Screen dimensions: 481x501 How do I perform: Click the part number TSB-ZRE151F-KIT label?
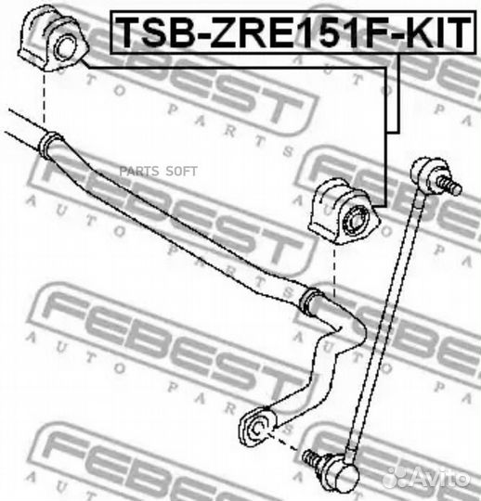point(292,32)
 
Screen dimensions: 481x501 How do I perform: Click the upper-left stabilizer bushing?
point(53,38)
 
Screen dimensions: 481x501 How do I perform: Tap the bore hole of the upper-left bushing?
point(66,48)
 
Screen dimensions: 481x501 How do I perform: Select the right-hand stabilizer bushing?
point(344,212)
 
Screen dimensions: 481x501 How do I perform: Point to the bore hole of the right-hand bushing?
point(356,221)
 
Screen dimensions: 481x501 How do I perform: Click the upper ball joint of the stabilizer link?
point(426,171)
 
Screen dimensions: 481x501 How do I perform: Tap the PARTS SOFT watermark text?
point(159,172)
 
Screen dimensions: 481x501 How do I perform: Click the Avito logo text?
point(429,477)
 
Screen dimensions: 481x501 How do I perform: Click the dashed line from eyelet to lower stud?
point(285,442)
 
